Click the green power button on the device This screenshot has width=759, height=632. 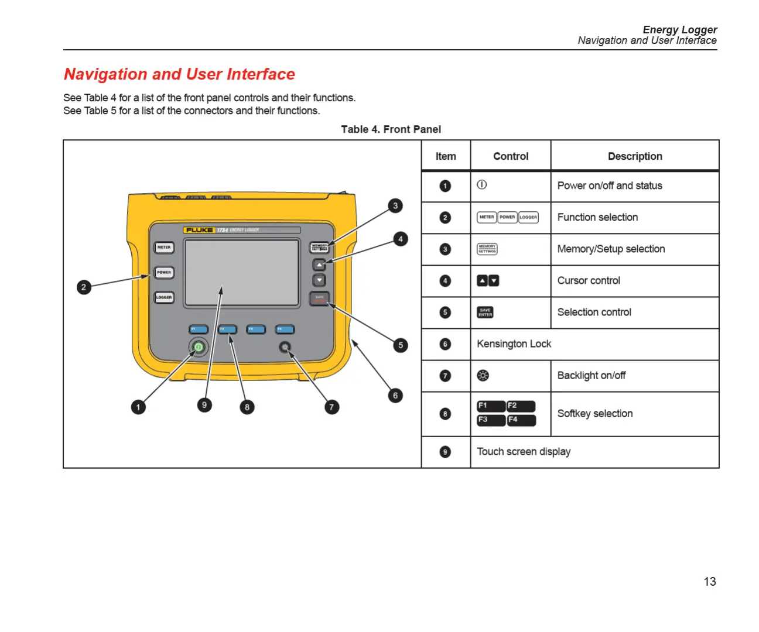(x=199, y=347)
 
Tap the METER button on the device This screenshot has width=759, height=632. (x=164, y=248)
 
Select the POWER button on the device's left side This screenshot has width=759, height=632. (x=164, y=272)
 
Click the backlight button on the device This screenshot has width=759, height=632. (x=285, y=348)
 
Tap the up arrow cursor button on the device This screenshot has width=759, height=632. (x=319, y=265)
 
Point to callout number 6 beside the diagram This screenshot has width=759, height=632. (x=395, y=396)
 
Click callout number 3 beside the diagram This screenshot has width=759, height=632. (x=395, y=205)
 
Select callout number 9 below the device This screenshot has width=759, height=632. (x=204, y=404)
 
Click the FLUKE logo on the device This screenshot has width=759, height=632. (x=199, y=230)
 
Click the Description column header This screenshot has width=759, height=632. (x=635, y=156)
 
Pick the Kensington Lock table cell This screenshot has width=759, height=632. (x=514, y=344)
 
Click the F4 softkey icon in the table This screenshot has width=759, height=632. (x=521, y=420)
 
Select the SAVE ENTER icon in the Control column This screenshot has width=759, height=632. (x=485, y=312)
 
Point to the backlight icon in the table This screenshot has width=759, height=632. (x=483, y=376)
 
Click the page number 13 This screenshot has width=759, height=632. (x=710, y=582)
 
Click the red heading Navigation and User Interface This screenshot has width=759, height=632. (x=179, y=74)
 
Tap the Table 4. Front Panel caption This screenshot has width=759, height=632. (x=391, y=129)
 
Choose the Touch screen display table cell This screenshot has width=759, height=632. (x=524, y=452)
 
